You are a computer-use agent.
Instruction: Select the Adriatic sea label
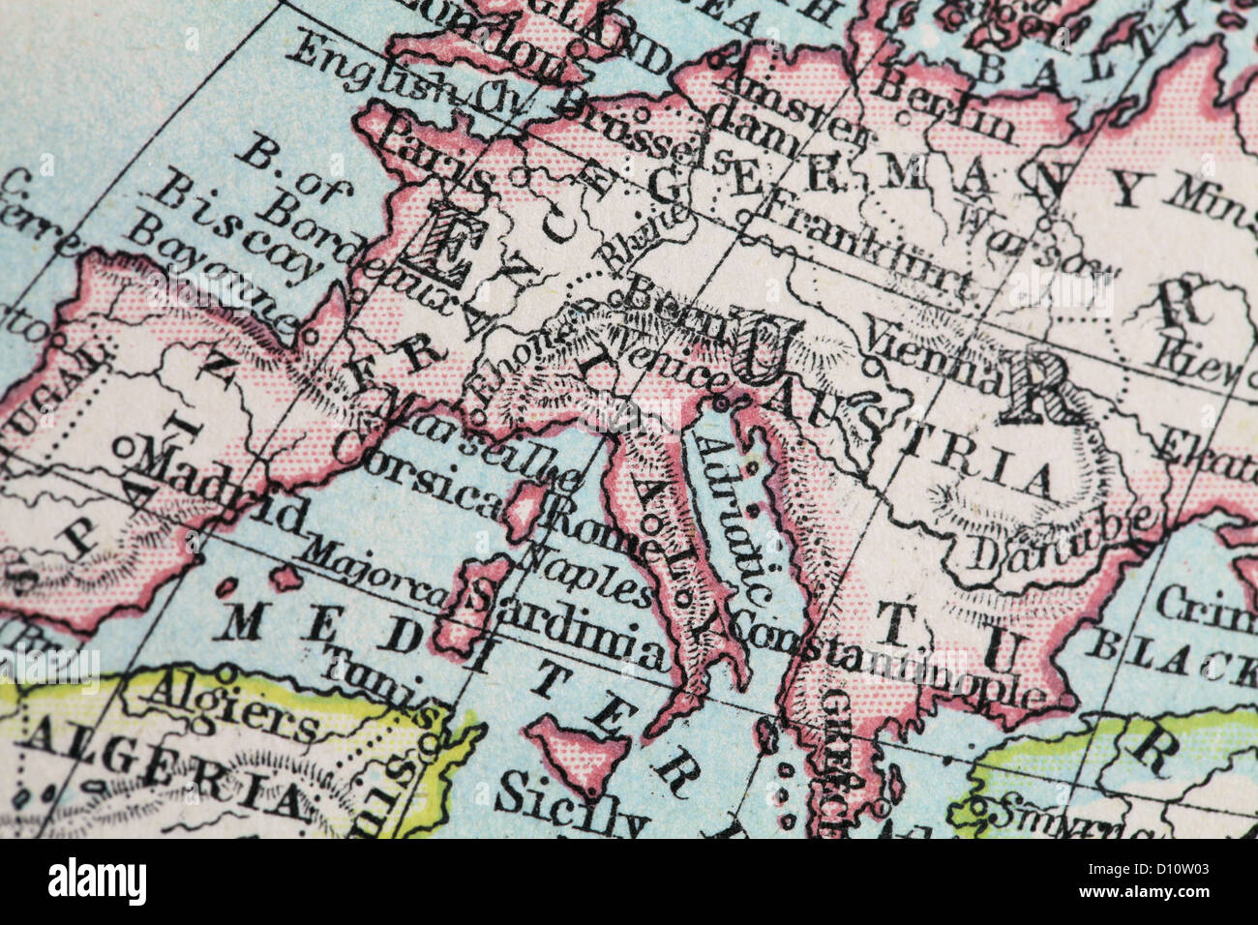point(735,518)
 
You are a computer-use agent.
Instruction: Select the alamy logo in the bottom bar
point(97,881)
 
